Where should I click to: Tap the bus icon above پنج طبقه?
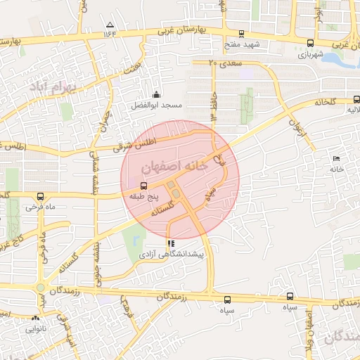point(143,186)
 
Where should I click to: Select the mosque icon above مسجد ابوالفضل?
point(156,94)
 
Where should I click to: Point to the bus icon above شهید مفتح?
point(242,33)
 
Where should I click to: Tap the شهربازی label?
point(310,53)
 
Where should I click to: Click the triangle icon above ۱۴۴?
point(109,25)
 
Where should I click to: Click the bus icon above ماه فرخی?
point(40,196)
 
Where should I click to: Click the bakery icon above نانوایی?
point(37,318)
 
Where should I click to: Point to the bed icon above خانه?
point(335,159)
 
